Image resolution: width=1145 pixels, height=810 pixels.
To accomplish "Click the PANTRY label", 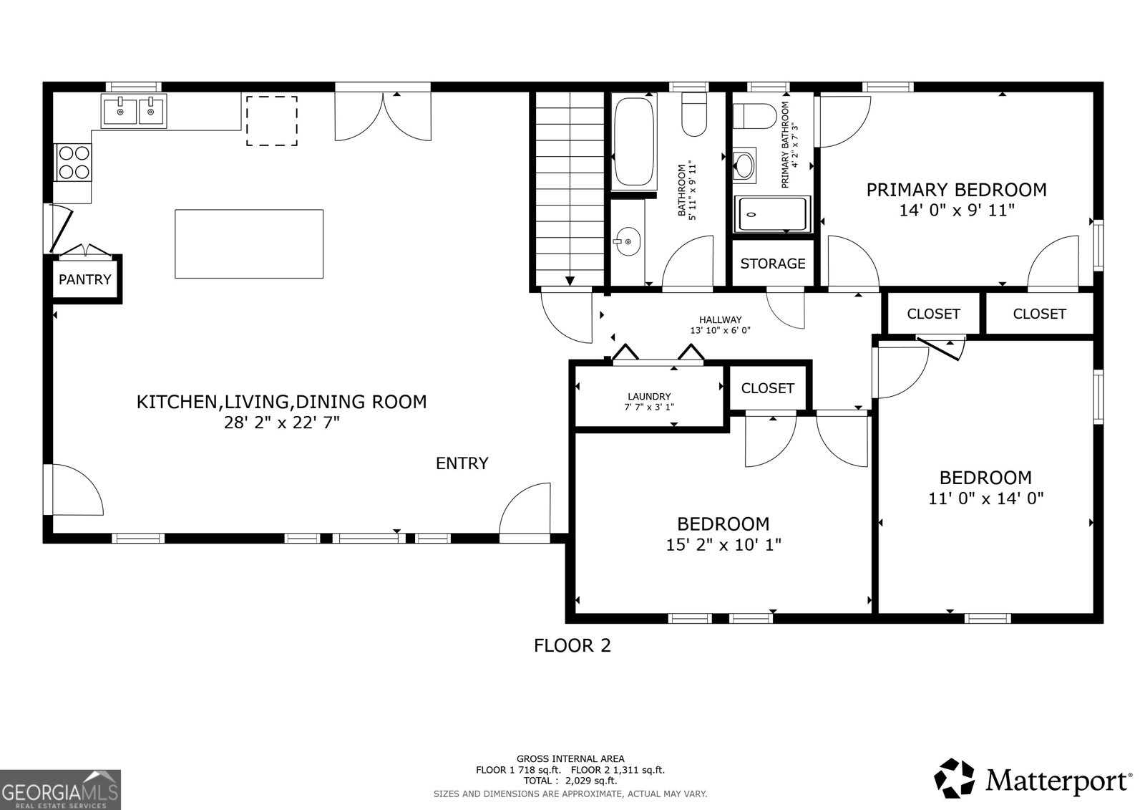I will tap(84, 279).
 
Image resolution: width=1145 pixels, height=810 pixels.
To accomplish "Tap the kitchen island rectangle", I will tap(249, 244).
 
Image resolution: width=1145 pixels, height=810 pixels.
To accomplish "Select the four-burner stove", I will tap(73, 162).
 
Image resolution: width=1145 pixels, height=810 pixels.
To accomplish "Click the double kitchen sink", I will tap(133, 111).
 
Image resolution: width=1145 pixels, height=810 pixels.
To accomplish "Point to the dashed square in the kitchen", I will tap(272, 121).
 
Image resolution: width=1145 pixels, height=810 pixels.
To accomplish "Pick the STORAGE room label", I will tap(773, 264).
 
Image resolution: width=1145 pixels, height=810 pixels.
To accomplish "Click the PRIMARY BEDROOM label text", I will tap(956, 190).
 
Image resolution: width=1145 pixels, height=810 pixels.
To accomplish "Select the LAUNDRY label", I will tap(649, 396).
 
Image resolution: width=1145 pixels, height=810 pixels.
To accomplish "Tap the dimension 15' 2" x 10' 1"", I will tap(723, 545).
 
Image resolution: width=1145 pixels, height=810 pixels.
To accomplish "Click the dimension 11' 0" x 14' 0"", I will tap(985, 498).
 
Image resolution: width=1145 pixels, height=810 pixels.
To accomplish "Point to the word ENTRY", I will tap(462, 463).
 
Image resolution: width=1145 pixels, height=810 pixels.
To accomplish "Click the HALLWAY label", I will tap(720, 320).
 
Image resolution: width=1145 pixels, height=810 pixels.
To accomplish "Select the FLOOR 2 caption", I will tap(572, 645).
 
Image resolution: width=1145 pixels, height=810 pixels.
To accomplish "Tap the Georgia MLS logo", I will tap(60, 789).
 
